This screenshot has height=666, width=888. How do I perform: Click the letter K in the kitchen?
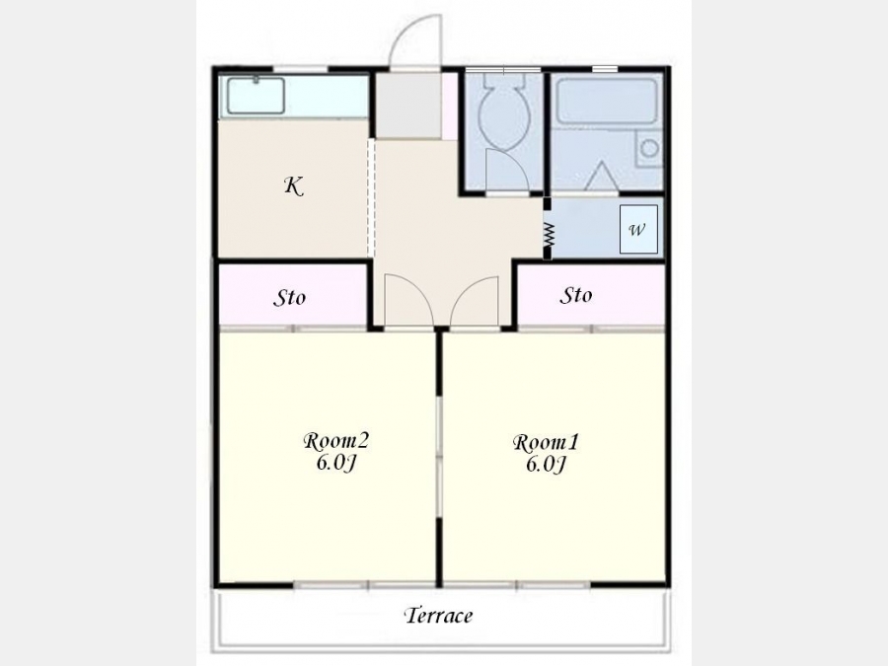pyautogui.click(x=293, y=185)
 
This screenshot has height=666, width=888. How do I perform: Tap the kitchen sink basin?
pyautogui.click(x=256, y=96)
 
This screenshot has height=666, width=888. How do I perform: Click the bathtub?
pyautogui.click(x=607, y=102)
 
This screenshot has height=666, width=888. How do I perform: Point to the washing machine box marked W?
pyautogui.click(x=638, y=229)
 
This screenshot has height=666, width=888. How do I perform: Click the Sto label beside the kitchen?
pyautogui.click(x=289, y=297)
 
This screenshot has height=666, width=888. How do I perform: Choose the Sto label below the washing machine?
pyautogui.click(x=576, y=295)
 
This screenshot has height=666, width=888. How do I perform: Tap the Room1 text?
pyautogui.click(x=546, y=442)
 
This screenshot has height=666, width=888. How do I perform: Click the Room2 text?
pyautogui.click(x=335, y=441)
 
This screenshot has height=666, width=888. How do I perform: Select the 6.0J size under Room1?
pyautogui.click(x=546, y=465)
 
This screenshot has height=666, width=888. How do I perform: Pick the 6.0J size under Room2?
pyautogui.click(x=335, y=463)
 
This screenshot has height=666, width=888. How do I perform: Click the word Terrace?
pyautogui.click(x=438, y=615)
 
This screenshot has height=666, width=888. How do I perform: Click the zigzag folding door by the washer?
pyautogui.click(x=548, y=234)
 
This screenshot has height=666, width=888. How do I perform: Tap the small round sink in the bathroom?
pyautogui.click(x=649, y=148)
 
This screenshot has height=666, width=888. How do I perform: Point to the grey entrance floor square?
pyautogui.click(x=408, y=106)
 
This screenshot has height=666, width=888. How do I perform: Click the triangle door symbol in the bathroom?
pyautogui.click(x=600, y=176)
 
